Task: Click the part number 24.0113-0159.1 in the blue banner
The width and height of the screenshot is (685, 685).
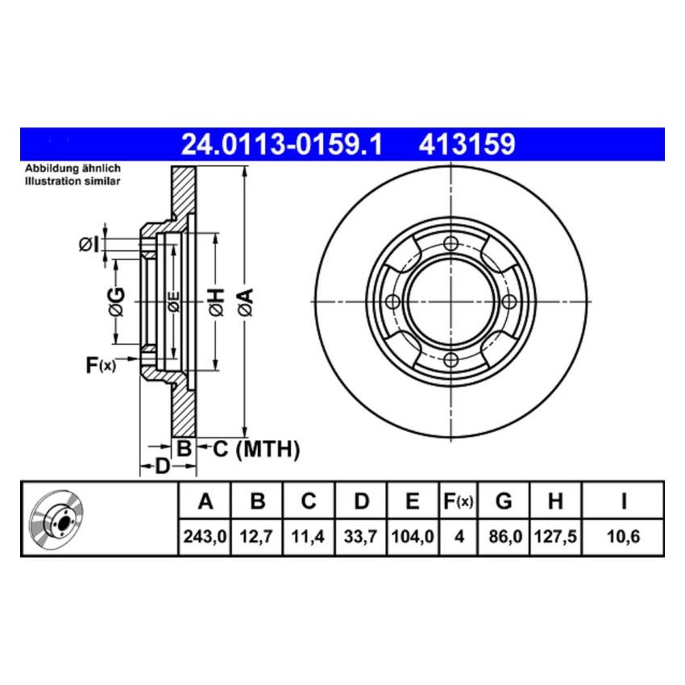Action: [x=280, y=145]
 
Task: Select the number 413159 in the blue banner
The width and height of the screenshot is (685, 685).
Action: [x=466, y=145]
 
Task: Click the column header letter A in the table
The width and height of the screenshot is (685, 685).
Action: [x=205, y=502]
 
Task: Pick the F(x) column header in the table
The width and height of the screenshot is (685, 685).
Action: [x=458, y=502]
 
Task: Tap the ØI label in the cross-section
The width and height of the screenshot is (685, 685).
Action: [x=89, y=244]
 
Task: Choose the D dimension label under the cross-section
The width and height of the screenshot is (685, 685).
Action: [x=161, y=467]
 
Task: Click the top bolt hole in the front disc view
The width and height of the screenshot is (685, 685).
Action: [x=451, y=243]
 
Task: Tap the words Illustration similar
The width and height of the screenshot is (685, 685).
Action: [x=73, y=181]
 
